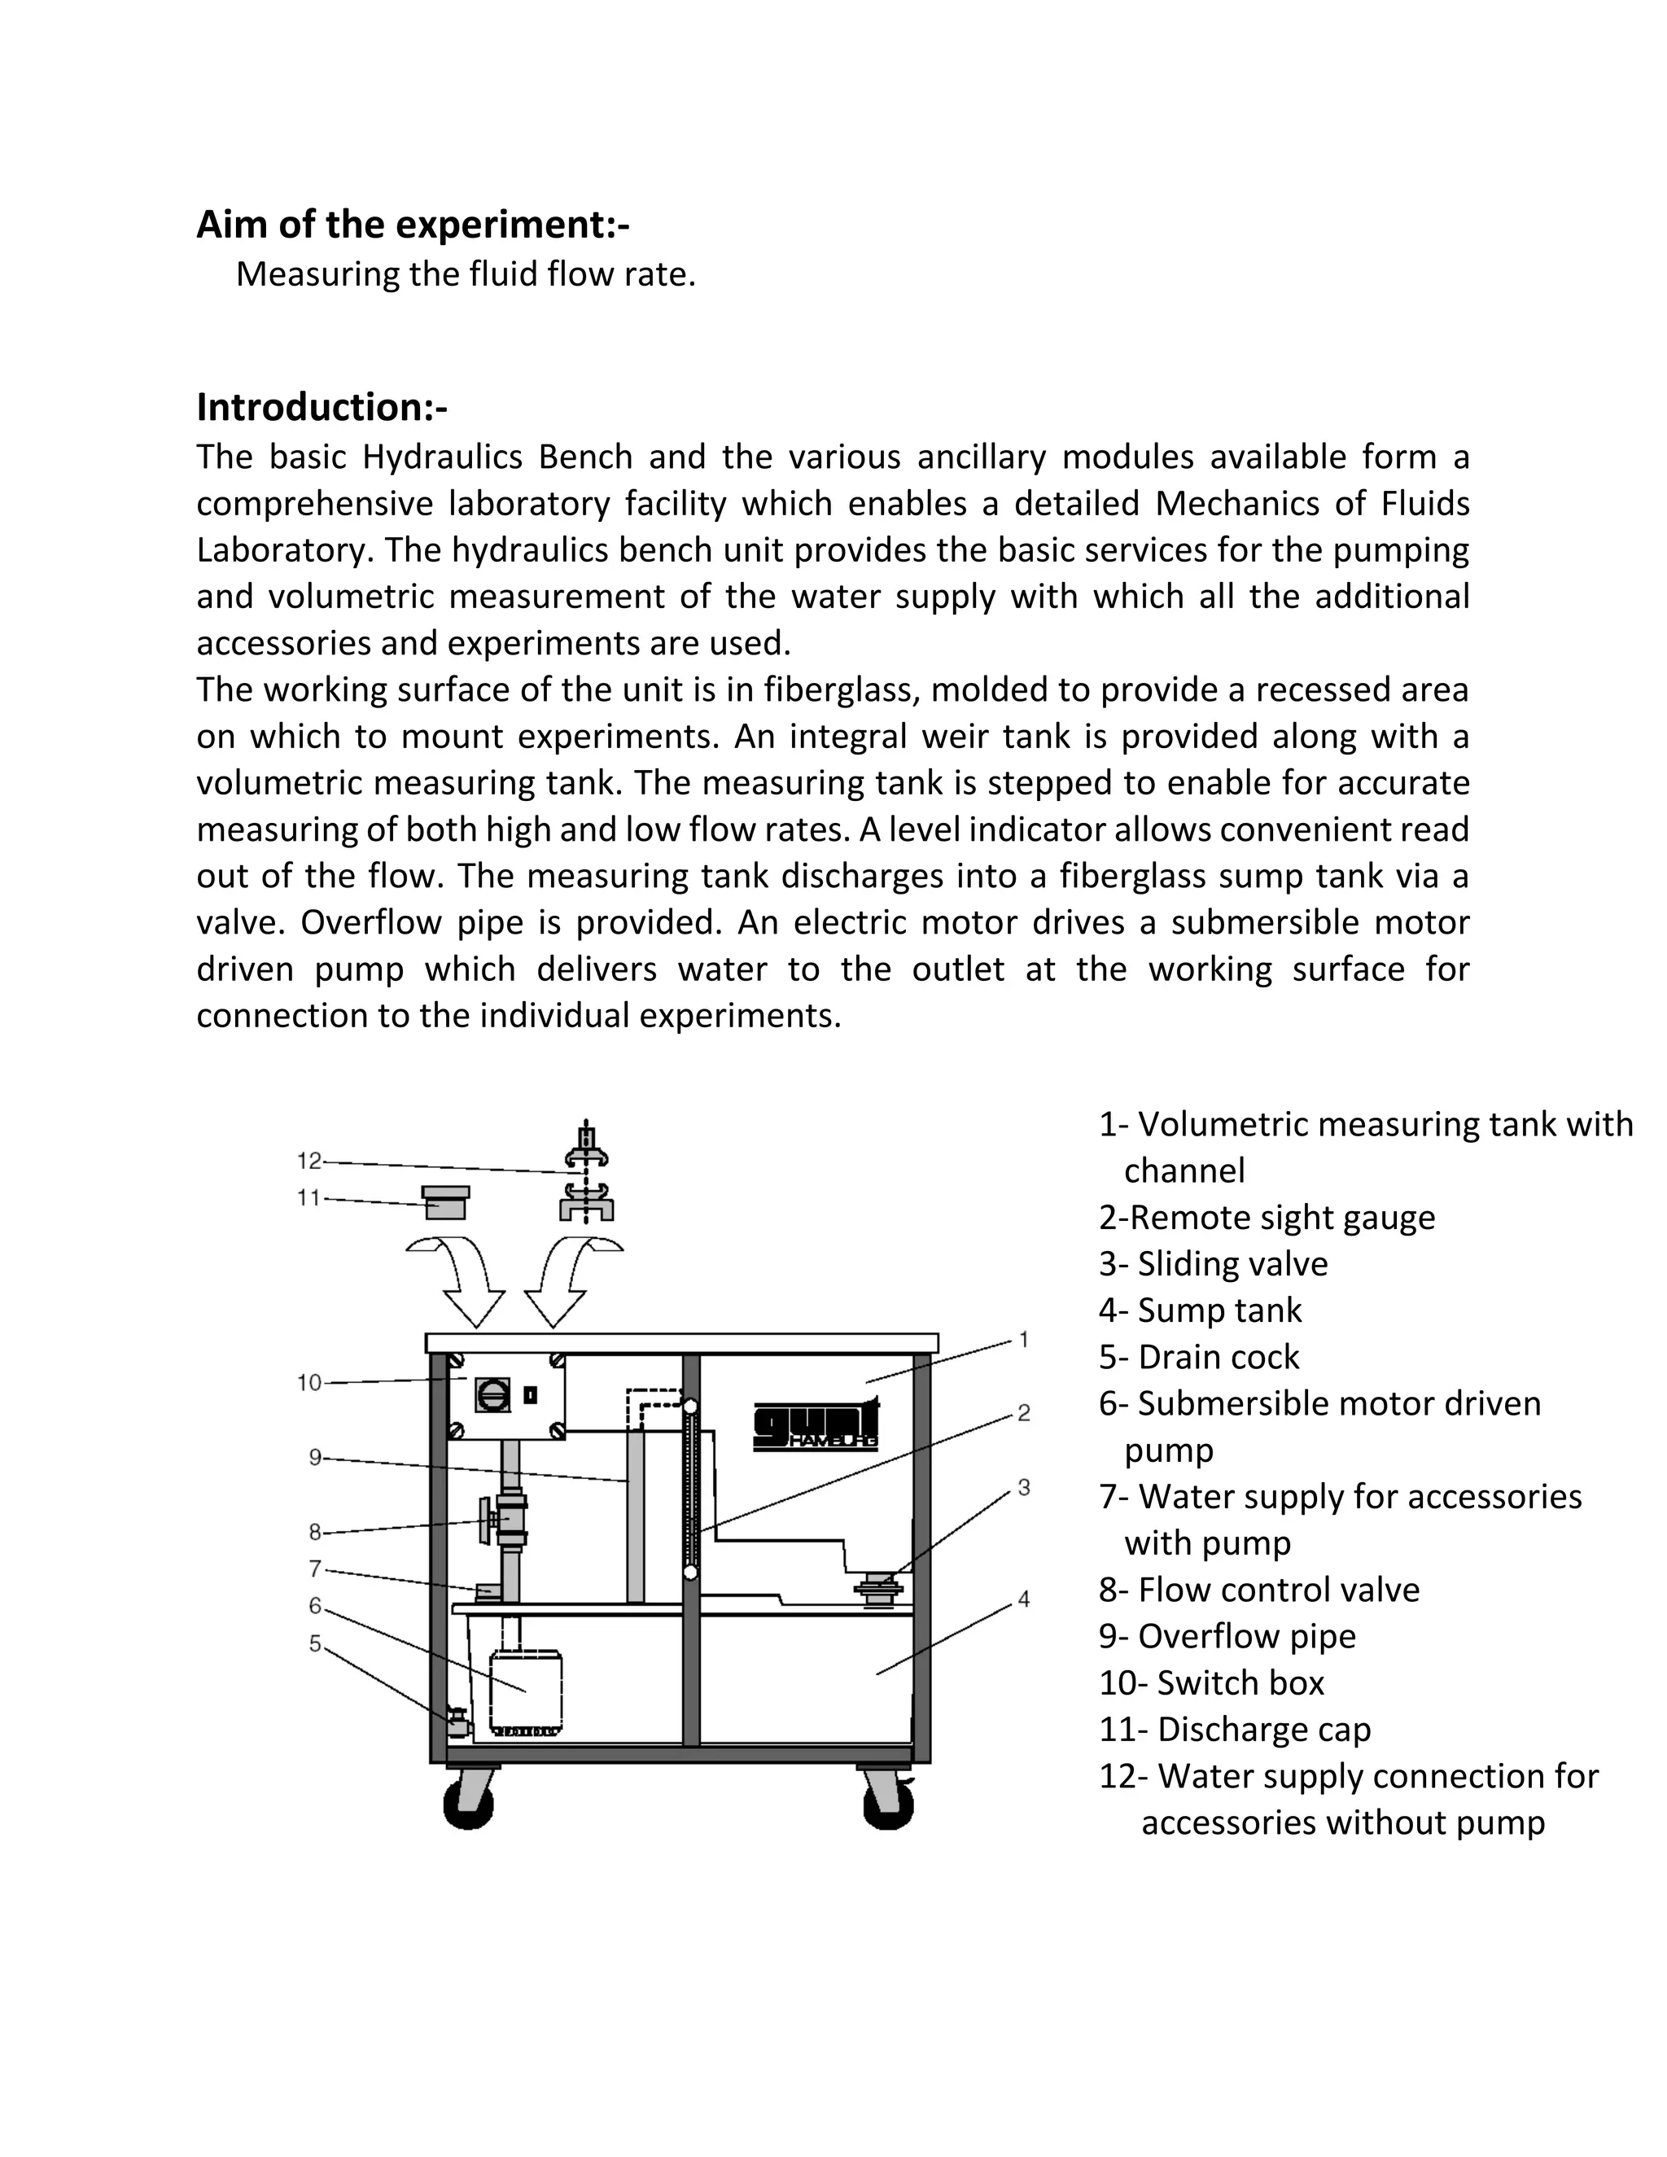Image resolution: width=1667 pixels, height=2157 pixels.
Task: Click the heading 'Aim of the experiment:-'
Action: [x=413, y=225]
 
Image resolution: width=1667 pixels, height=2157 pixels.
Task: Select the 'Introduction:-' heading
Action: [x=322, y=407]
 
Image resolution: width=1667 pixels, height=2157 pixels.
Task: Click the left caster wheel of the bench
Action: [x=469, y=1804]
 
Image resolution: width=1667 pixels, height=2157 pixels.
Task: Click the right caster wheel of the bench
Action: [x=888, y=1804]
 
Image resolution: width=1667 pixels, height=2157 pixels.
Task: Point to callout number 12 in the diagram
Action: [x=309, y=1161]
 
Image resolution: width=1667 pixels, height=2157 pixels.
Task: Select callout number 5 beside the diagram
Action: [x=315, y=1643]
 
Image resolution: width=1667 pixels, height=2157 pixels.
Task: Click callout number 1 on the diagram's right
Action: [x=1024, y=1339]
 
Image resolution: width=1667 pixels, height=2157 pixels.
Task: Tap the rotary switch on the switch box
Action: [x=492, y=1395]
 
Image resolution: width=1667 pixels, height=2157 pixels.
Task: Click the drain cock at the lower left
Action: [x=457, y=1721]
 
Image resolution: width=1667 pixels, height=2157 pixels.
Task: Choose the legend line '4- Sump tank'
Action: [x=1200, y=1310]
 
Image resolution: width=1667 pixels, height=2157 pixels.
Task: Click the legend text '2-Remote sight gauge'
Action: [x=1267, y=1218]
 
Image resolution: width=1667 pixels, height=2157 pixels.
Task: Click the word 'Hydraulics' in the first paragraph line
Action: [x=497, y=457]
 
